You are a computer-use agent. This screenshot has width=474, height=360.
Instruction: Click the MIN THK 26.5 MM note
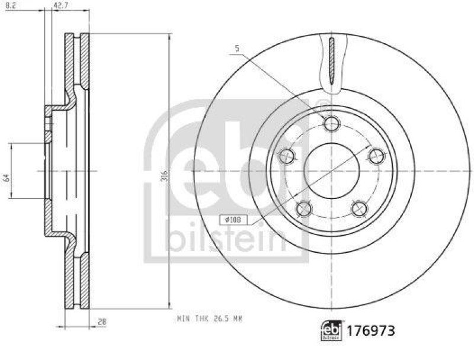pyautogui.click(x=210, y=319)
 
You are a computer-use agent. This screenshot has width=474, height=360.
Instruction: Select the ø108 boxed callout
pyautogui.click(x=235, y=220)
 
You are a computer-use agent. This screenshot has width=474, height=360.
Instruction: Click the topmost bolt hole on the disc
pyautogui.click(x=331, y=123)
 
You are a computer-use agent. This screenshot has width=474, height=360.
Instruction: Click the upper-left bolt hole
pyautogui.click(x=287, y=156)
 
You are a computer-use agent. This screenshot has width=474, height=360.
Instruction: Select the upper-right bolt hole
pyautogui.click(x=376, y=156)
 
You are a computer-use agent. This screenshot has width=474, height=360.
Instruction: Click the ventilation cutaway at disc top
pyautogui.click(x=331, y=62)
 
